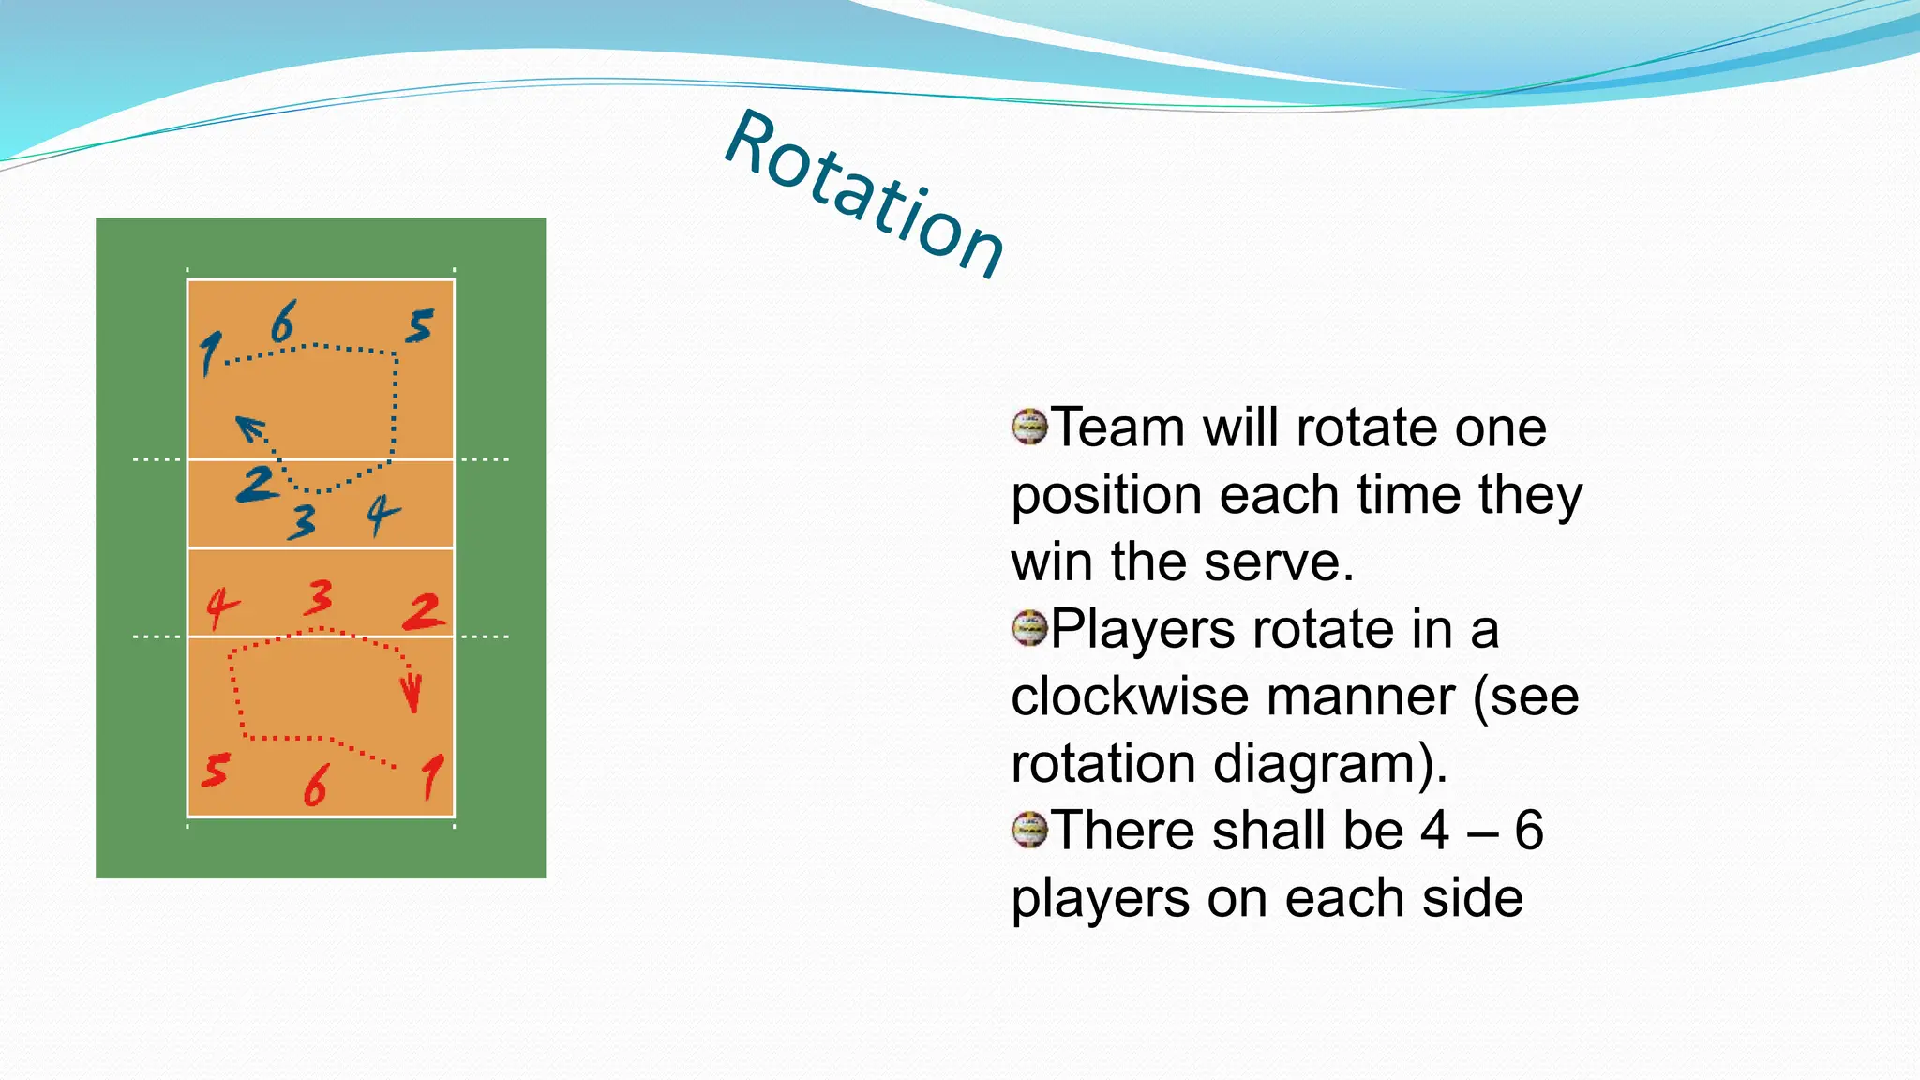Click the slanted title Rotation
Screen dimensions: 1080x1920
864,195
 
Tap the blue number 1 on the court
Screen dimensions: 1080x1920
210,353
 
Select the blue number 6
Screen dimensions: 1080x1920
283,322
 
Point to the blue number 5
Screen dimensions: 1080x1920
420,326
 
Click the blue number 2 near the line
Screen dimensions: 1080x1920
256,484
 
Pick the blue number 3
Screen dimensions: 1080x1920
302,521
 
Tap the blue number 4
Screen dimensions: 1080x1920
382,514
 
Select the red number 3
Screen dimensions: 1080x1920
319,597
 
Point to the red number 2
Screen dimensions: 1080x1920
424,611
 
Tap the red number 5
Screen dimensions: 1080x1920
216,770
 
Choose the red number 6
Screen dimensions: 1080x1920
316,786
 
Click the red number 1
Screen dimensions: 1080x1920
431,776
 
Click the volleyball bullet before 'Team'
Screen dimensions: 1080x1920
1029,427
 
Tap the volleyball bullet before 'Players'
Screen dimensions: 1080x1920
1029,628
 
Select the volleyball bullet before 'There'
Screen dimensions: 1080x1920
1029,830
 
